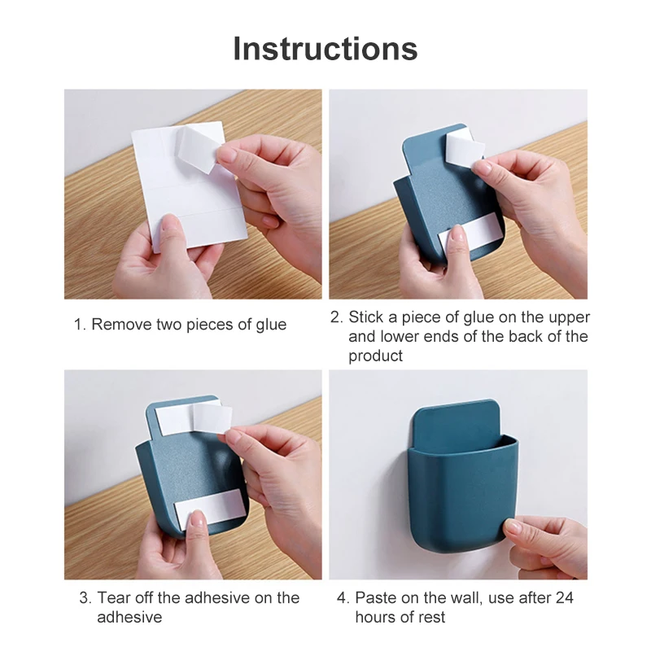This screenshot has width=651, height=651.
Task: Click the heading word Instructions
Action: coord(325,49)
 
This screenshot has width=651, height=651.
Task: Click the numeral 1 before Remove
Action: coord(79,325)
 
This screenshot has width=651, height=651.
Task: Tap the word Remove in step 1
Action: coord(120,325)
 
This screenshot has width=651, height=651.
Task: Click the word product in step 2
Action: coord(376,356)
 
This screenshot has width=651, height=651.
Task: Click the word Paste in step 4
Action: coord(376,598)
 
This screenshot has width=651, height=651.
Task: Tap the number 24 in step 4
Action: coord(564,598)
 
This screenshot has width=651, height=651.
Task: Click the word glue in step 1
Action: coord(269,325)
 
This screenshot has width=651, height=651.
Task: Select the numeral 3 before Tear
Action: coord(85,598)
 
